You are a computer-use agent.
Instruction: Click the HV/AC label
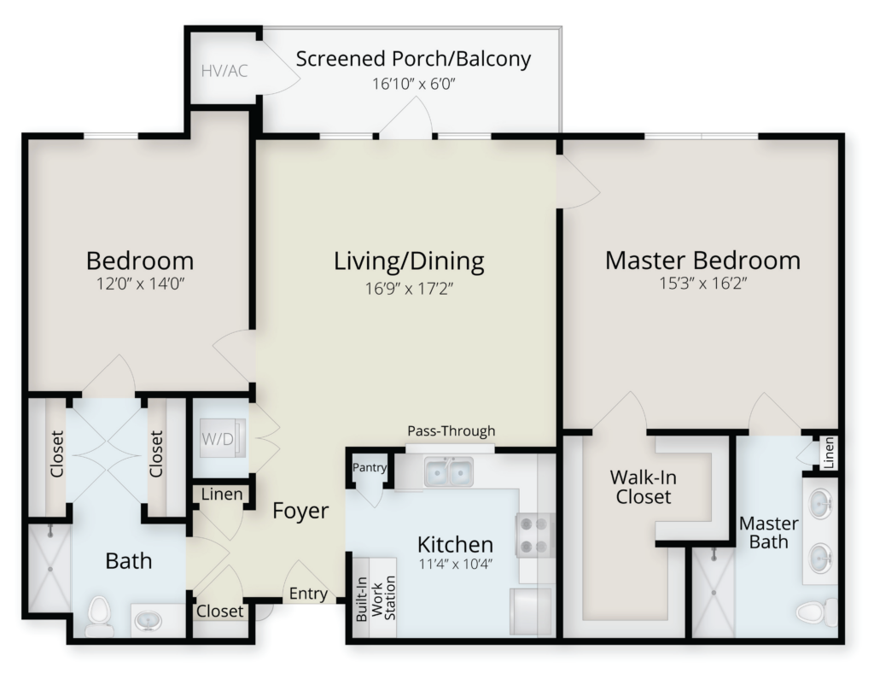[224, 72]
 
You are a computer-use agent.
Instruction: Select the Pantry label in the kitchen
[370, 467]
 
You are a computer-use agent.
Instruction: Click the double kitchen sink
[449, 472]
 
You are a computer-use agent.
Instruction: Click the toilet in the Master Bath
[816, 612]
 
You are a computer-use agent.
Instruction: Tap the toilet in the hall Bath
[100, 616]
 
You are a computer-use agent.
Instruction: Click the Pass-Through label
[452, 431]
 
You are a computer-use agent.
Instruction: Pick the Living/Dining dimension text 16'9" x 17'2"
[409, 289]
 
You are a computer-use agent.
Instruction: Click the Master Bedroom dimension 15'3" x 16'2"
[703, 284]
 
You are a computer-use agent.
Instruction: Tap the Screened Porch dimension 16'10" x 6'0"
[414, 85]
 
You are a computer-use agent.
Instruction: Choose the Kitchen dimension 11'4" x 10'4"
[456, 564]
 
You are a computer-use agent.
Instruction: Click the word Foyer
[300, 511]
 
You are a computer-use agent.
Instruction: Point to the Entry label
[308, 594]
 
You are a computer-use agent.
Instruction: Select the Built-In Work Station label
[376, 599]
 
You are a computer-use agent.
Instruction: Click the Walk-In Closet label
[644, 487]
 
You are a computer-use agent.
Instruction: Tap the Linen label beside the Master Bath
[828, 453]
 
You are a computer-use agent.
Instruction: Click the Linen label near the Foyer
[222, 495]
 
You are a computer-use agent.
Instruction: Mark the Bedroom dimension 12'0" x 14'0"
[141, 284]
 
